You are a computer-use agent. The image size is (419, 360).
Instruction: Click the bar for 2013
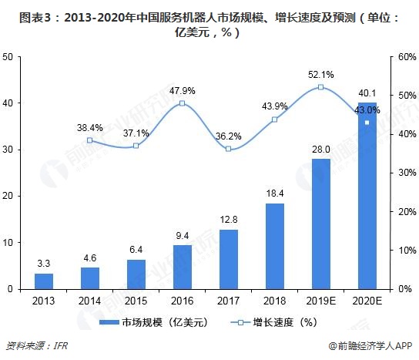tap(44, 281)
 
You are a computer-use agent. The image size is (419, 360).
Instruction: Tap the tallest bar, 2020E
tap(367, 196)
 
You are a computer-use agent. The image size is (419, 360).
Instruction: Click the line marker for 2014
tap(90, 140)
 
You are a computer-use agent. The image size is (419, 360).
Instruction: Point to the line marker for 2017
tap(228, 149)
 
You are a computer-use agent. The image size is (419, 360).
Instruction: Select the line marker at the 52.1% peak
tap(320, 87)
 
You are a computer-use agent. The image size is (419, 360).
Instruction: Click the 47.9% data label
tap(182, 90)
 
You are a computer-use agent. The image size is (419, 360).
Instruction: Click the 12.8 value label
tap(228, 220)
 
